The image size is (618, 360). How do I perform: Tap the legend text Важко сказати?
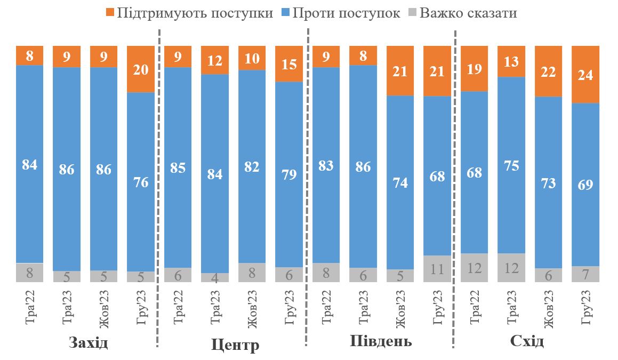point(468,13)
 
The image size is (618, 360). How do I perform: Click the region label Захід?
point(89,342)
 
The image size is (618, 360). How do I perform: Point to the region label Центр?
point(235,345)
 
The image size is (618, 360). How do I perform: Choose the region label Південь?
point(381,341)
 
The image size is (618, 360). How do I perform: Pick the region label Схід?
point(527,341)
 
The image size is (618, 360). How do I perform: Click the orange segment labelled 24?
point(585,75)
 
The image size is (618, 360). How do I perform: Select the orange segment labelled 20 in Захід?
point(141,69)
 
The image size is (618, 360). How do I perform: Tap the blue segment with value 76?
point(141,182)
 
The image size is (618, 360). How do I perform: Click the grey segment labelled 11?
point(437,269)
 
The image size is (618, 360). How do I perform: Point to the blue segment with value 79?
point(289,174)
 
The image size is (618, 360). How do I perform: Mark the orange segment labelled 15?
point(289,64)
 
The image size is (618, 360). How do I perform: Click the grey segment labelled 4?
point(215,277)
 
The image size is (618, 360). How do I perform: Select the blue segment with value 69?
point(585,185)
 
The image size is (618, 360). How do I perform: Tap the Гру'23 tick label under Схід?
point(585,308)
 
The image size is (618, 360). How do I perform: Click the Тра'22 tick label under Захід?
point(30,308)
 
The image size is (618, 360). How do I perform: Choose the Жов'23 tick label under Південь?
point(400,308)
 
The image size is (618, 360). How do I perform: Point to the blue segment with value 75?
point(511,165)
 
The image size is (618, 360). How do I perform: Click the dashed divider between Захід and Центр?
point(158,187)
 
